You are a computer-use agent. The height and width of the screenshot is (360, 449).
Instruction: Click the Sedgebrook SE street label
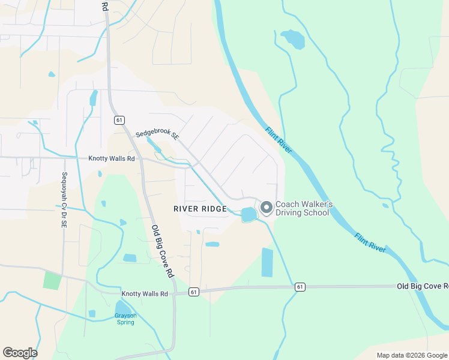click(158, 136)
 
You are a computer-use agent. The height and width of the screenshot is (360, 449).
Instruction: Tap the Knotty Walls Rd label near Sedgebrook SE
click(112, 158)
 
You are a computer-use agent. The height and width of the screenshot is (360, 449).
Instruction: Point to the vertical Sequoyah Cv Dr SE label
click(64, 200)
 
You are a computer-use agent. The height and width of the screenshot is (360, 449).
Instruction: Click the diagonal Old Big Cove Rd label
click(162, 251)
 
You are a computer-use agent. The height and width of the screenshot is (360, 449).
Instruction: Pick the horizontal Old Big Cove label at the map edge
click(422, 287)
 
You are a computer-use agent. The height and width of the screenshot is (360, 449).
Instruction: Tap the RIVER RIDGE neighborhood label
click(200, 209)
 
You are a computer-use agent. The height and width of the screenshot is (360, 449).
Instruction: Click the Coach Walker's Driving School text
click(303, 208)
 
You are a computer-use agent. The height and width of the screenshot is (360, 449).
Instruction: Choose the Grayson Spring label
click(126, 319)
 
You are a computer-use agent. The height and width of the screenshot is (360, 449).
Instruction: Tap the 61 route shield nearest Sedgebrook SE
click(119, 120)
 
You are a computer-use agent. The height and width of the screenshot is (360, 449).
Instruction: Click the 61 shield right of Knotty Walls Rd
click(193, 292)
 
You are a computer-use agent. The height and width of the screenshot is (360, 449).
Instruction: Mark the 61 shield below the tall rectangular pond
click(299, 287)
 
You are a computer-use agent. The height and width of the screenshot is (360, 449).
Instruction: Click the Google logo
click(20, 353)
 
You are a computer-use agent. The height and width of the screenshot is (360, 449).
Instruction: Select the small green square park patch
click(52, 280)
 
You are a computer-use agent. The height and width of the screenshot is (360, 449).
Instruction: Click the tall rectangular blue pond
click(267, 262)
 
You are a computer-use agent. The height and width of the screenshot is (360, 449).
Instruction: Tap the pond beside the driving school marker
click(247, 214)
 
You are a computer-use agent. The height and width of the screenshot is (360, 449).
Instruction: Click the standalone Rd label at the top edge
click(104, 7)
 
